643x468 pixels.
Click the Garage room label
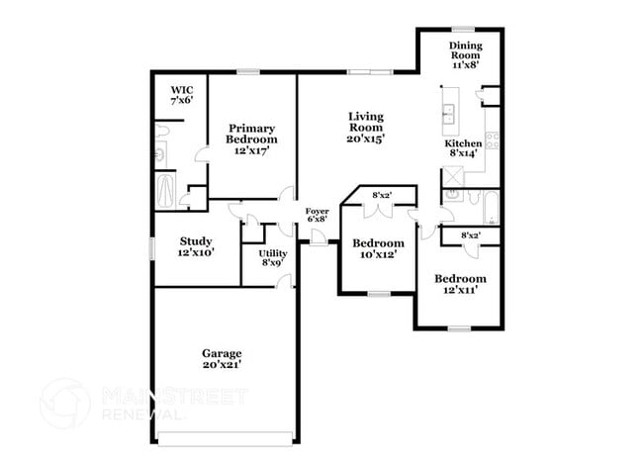click(x=222, y=353)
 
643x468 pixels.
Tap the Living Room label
click(x=365, y=116)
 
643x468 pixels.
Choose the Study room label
click(x=196, y=240)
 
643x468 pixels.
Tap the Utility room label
click(x=273, y=253)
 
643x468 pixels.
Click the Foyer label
click(x=317, y=211)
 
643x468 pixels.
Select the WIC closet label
click(x=181, y=89)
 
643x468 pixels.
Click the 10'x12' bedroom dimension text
click(x=379, y=255)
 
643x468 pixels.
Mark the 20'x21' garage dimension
click(x=222, y=364)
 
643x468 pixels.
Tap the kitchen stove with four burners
click(x=492, y=140)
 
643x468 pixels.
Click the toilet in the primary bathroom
click(x=161, y=154)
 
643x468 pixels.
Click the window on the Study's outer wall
click(x=152, y=247)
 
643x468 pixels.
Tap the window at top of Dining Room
click(x=463, y=29)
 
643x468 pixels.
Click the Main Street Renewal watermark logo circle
click(x=64, y=403)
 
